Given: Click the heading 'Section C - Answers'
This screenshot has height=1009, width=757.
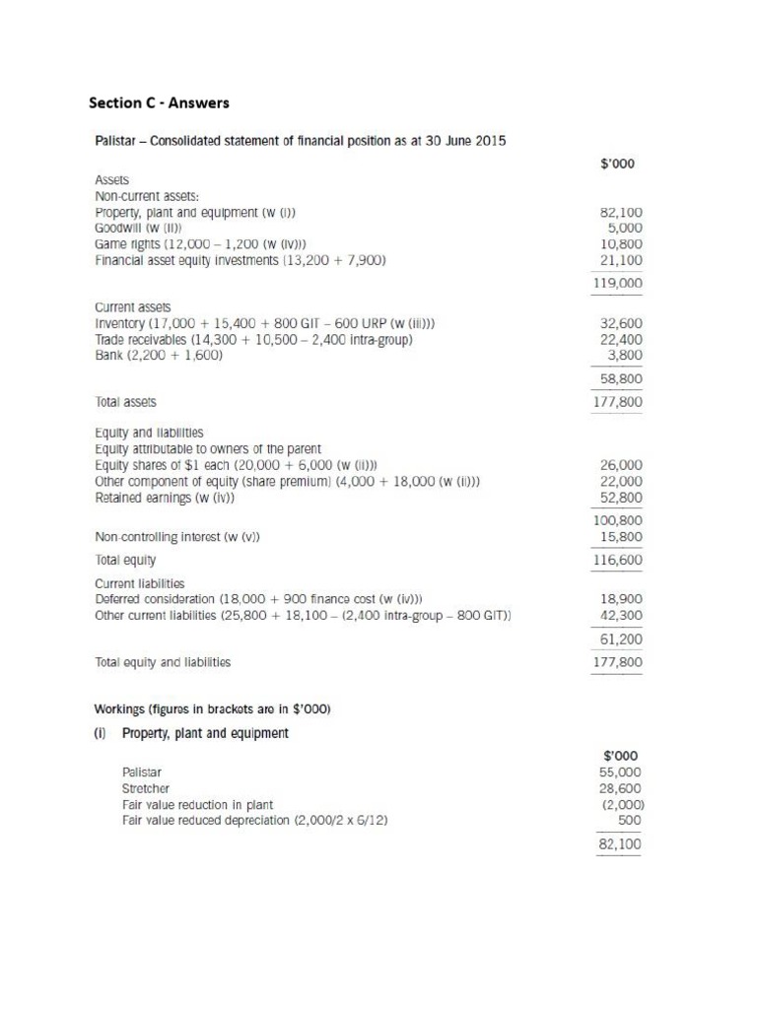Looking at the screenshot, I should point(159,102).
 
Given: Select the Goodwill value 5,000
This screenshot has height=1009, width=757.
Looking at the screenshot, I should point(622,228).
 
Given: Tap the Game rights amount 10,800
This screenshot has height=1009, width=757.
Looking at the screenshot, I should point(621,243).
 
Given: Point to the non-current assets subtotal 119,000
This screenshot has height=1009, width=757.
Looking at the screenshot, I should point(621,282).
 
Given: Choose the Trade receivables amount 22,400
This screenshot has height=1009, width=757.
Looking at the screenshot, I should point(621,339).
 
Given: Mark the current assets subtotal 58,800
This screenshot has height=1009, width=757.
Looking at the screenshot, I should point(621,378).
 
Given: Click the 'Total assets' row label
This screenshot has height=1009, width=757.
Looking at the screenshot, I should point(125,402).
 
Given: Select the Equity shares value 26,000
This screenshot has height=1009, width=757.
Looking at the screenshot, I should point(621,465).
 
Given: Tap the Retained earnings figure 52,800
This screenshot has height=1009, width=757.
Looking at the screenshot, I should point(621,498).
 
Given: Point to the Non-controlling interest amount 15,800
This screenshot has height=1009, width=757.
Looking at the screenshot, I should point(621,537).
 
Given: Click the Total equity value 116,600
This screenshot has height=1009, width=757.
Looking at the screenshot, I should point(621,561).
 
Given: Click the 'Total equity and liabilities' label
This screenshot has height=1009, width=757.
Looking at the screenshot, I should point(163,662).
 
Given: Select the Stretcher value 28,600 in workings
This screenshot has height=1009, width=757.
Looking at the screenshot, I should point(620,789).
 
